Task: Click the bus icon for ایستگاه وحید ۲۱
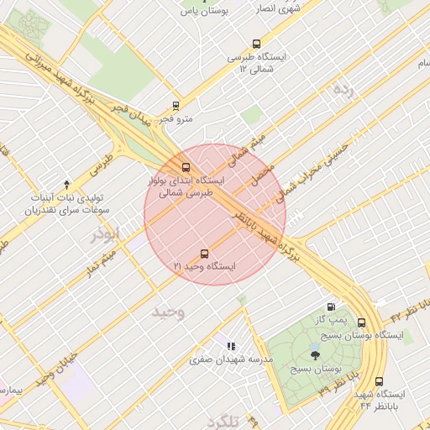point(204,254)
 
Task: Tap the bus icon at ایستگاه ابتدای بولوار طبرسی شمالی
point(186,167)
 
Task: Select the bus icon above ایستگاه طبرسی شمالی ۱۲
point(256,44)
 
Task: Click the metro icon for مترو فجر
point(176,106)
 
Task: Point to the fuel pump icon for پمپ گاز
point(333,307)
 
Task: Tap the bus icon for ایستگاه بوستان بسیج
point(361,322)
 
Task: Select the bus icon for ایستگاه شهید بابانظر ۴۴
point(379,381)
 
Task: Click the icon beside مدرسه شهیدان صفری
point(230,346)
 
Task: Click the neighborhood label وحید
point(168,312)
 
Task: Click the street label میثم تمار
point(99,260)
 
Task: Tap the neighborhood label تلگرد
point(224,421)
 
